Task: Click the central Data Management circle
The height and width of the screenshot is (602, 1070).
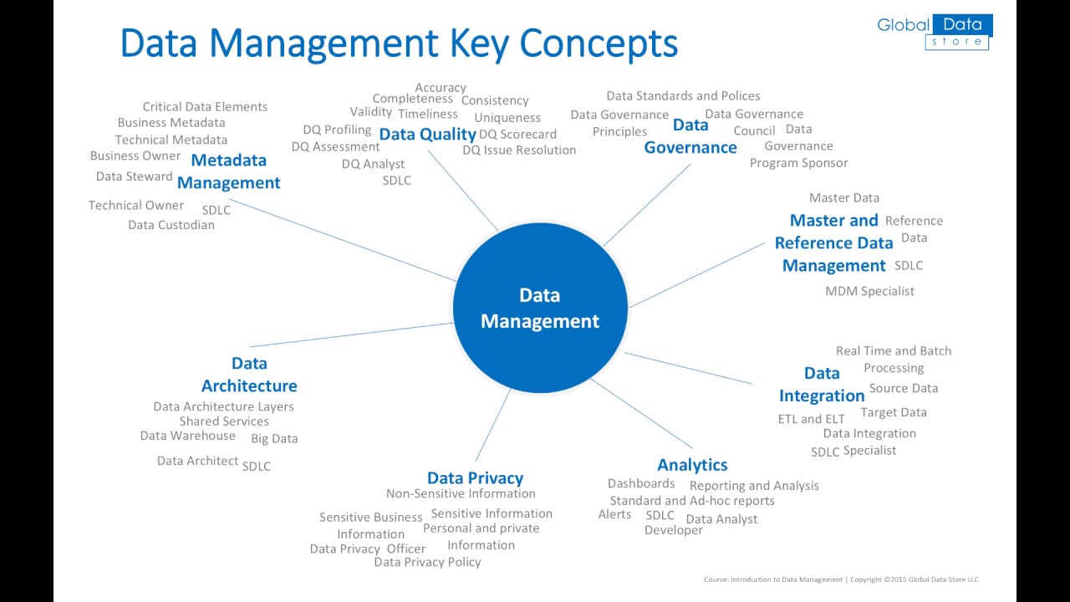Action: pyautogui.click(x=540, y=308)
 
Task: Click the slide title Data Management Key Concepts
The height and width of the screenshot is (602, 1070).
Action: pyautogui.click(x=399, y=43)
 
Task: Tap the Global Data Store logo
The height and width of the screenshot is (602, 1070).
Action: pyautogui.click(x=934, y=32)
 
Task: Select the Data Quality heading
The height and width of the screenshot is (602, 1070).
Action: pyautogui.click(x=427, y=135)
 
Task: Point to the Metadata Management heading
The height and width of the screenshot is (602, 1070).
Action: pyautogui.click(x=228, y=171)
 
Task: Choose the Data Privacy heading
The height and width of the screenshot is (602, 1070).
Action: pyautogui.click(x=475, y=477)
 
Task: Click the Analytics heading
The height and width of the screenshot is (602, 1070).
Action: pyautogui.click(x=692, y=465)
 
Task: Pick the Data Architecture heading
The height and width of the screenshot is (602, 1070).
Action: pyautogui.click(x=249, y=375)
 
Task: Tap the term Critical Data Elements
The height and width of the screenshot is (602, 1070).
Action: pyautogui.click(x=205, y=106)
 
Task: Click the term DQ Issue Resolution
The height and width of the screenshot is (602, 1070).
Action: pyautogui.click(x=519, y=150)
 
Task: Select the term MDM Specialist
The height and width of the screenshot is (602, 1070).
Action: pyautogui.click(x=869, y=291)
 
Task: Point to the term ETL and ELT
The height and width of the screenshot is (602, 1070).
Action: pyautogui.click(x=811, y=419)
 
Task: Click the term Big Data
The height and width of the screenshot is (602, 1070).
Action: pyautogui.click(x=274, y=438)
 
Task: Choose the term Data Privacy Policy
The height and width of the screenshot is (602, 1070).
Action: pyautogui.click(x=427, y=562)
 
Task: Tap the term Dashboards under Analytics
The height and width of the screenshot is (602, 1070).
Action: pyautogui.click(x=641, y=483)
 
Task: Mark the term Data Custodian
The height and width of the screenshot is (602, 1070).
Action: pyautogui.click(x=171, y=224)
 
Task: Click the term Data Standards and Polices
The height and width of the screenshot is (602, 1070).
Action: pyautogui.click(x=683, y=95)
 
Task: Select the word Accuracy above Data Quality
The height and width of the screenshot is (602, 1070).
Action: pyautogui.click(x=441, y=87)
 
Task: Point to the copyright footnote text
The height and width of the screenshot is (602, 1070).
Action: pyautogui.click(x=841, y=579)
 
